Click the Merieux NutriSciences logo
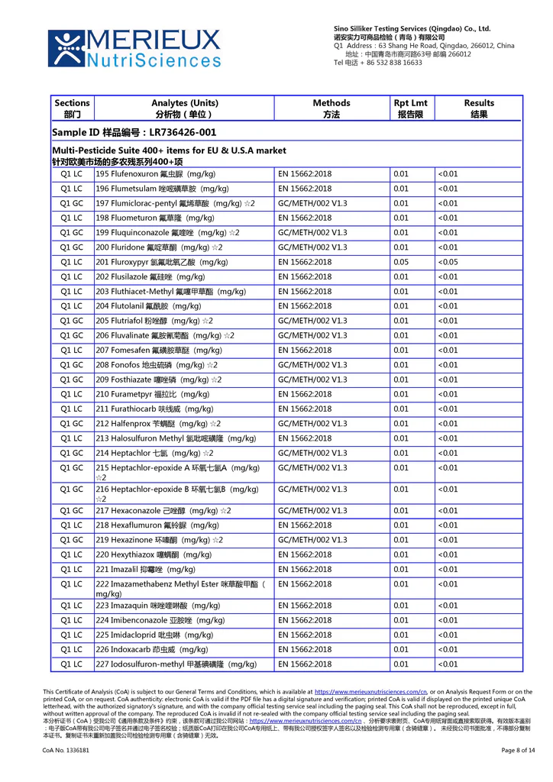[x=134, y=48]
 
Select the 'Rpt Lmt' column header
[x=410, y=108]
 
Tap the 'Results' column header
[x=478, y=108]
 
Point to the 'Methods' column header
[x=331, y=108]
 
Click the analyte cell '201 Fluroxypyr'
[x=161, y=262]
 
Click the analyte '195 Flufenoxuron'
[x=155, y=174]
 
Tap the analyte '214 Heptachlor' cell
[x=148, y=453]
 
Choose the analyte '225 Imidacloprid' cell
[x=154, y=635]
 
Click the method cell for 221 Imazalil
[x=305, y=570]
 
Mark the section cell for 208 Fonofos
[x=72, y=365]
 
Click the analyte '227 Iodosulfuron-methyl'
[x=175, y=664]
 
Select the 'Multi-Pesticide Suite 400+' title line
[x=169, y=151]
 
